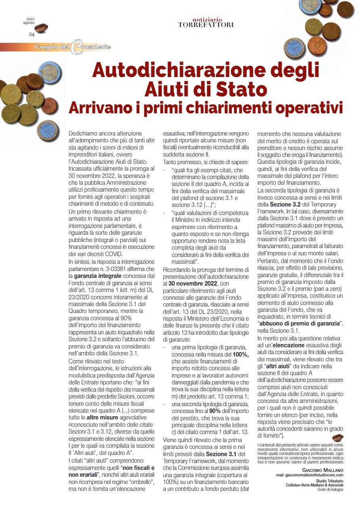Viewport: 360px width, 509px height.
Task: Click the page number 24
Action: click(31, 35)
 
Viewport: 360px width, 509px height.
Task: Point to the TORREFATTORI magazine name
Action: click(206, 25)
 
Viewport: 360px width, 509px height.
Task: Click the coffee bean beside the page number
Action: click(41, 28)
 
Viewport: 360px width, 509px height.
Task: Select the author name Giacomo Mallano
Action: click(322, 470)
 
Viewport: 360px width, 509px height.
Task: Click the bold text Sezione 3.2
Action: click(283, 204)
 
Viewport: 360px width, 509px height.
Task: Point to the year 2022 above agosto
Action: click(31, 19)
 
